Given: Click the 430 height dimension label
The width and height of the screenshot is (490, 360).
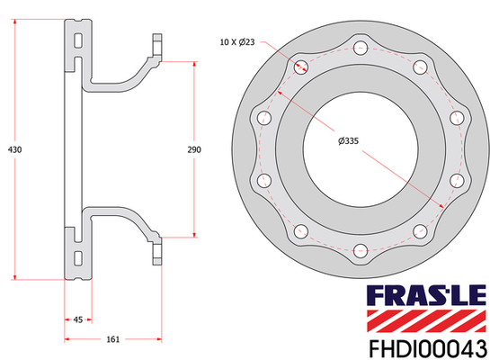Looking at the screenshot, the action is pos(14,149).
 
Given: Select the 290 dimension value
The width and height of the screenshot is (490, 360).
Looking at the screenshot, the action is pos(194,149).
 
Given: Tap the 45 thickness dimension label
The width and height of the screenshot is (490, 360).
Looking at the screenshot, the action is pos(78,319).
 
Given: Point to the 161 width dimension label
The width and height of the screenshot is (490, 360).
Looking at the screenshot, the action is pos(113,339).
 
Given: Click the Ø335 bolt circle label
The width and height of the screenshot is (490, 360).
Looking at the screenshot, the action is pos(348,141).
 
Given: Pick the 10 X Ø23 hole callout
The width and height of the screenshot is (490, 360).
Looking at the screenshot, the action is pos(237,42).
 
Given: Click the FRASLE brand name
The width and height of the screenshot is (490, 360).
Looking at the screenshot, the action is pos(426,295).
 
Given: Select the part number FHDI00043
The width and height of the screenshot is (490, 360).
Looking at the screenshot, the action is pos(428,348).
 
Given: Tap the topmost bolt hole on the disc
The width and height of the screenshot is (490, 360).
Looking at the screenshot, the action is pos(361,49).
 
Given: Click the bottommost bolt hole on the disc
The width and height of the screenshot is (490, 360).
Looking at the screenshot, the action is pos(361,250).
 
